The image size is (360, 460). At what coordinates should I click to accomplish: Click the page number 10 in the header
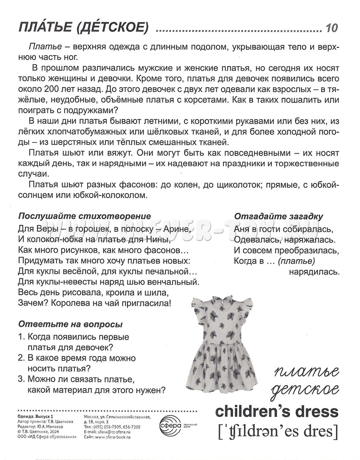click(332, 28)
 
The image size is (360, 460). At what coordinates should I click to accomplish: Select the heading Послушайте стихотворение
click(84, 216)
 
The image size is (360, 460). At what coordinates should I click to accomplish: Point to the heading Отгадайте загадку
click(278, 217)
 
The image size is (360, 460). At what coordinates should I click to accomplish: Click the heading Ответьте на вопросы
click(70, 324)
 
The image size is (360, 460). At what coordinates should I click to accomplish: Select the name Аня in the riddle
click(242, 229)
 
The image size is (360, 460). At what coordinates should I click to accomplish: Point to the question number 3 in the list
click(20, 379)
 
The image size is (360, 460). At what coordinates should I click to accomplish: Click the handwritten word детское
click(305, 391)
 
